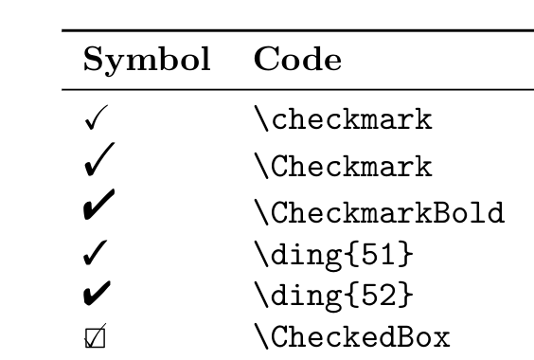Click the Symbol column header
pyautogui.click(x=147, y=63)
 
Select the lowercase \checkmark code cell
pyautogui.click(x=344, y=121)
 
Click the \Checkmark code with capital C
pyautogui.click(x=344, y=168)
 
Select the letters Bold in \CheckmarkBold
pyautogui.click(x=470, y=212)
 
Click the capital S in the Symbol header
pyautogui.click(x=93, y=62)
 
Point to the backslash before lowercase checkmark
pyautogui.click(x=261, y=121)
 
